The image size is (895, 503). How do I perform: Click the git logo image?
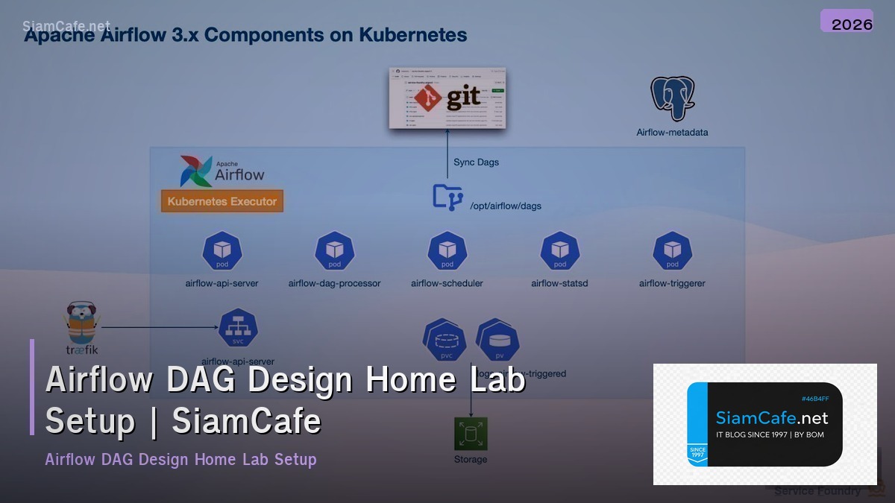[447, 98]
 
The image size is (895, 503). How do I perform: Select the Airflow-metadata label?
[672, 133]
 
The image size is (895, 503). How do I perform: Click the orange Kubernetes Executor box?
[222, 201]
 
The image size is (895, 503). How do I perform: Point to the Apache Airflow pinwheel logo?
[195, 171]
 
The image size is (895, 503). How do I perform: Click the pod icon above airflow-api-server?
[222, 251]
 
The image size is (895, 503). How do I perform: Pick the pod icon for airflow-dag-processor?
[334, 251]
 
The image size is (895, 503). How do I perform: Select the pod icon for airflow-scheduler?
[447, 251]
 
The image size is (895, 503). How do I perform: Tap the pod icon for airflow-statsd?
[559, 251]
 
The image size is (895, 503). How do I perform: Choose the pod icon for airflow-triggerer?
[672, 251]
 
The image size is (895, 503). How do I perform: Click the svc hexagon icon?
[238, 328]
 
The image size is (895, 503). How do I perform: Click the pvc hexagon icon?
[446, 342]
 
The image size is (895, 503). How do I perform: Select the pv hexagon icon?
[499, 341]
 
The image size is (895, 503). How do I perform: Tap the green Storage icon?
[471, 434]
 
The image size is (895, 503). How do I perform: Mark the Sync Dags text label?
[477, 162]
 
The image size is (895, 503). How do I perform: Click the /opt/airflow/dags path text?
[506, 206]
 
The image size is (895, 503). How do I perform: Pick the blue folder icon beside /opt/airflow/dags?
[447, 197]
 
